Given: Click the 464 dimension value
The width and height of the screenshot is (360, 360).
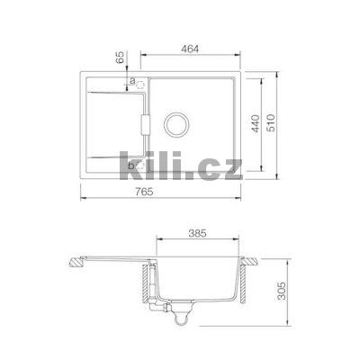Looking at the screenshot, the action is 190,49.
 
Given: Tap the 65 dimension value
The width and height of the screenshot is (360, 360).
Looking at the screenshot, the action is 120,57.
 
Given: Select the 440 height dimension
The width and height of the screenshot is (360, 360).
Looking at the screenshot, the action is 255,123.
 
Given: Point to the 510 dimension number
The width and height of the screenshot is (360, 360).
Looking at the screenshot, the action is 271,123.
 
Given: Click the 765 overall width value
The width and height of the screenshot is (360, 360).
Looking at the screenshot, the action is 145,192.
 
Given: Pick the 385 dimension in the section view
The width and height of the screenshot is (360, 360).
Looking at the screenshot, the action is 198,233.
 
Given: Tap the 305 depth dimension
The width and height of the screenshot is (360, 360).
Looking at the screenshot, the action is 281,291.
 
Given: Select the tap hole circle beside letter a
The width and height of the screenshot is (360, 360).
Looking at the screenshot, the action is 140,85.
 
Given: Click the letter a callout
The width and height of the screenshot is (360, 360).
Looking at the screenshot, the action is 132,80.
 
